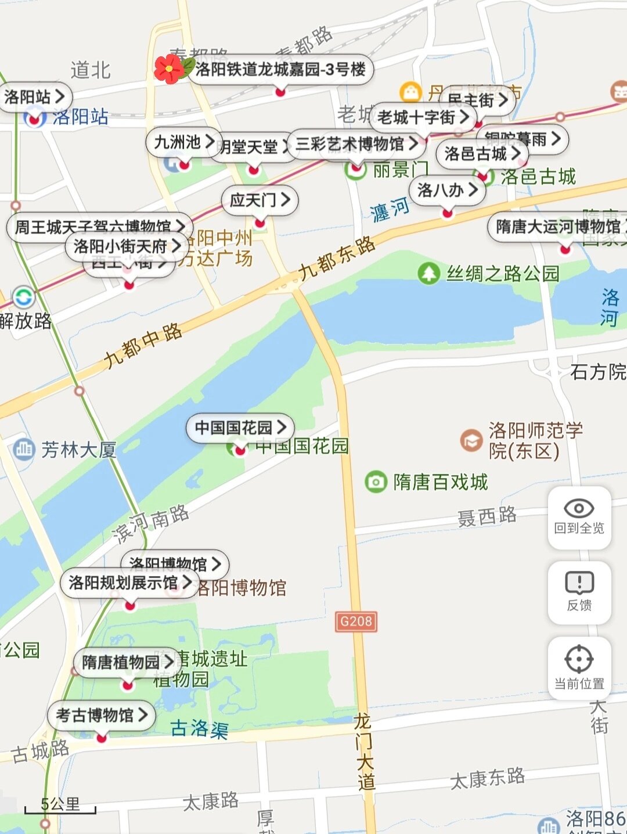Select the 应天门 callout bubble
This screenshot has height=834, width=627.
(x=260, y=200)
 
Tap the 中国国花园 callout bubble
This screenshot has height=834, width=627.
(x=240, y=428)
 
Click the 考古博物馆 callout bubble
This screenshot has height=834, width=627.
(x=102, y=715)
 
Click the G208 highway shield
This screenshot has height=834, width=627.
(x=356, y=621)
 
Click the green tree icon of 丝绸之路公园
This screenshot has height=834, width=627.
(x=429, y=273)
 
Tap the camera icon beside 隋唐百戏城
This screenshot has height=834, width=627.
(x=376, y=481)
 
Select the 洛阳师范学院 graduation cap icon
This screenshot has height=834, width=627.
(x=471, y=441)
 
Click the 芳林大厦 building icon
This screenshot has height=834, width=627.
(x=24, y=449)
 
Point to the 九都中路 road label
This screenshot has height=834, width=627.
(x=143, y=347)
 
